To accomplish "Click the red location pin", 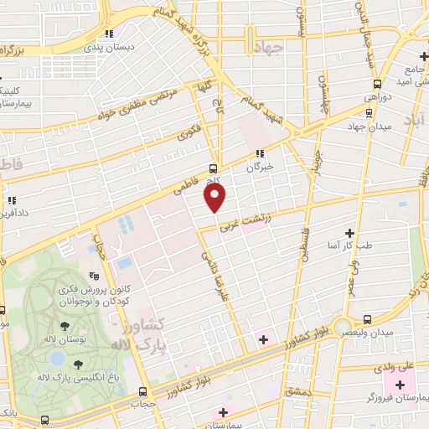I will (x=215, y=197).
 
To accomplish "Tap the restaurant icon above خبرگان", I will (x=260, y=153).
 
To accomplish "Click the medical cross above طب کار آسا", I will (x=349, y=233).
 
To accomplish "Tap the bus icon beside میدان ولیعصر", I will (x=368, y=318).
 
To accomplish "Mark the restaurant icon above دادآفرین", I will (x=13, y=200).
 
